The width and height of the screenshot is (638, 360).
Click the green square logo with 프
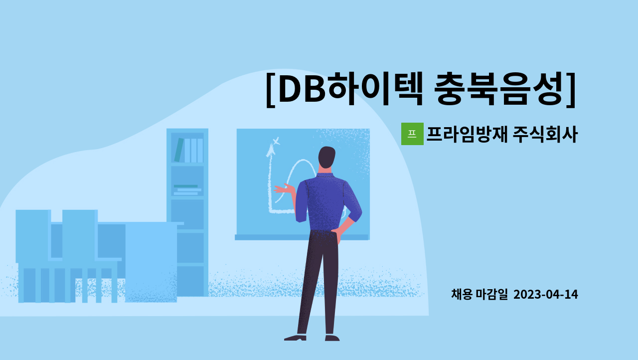click(x=412, y=134)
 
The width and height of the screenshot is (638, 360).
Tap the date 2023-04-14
click(x=546, y=295)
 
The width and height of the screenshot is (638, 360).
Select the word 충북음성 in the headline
click(x=498, y=89)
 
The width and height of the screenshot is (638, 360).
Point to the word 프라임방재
click(x=467, y=134)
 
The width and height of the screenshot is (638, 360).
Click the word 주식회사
click(x=545, y=134)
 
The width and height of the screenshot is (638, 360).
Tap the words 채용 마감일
click(x=479, y=295)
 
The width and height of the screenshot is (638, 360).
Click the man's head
click(x=326, y=158)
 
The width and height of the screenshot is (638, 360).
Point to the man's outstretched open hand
click(x=284, y=189)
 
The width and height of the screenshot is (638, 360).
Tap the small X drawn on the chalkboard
click(x=276, y=141)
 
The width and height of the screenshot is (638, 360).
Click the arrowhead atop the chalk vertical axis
click(x=270, y=151)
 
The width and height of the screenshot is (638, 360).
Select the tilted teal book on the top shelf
click(x=179, y=150)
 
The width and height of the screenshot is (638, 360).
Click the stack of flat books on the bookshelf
click(x=187, y=190)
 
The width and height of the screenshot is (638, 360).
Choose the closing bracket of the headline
click(x=571, y=90)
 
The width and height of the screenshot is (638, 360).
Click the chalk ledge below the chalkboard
click(x=302, y=237)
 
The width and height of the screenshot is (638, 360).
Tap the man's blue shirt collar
click(x=324, y=176)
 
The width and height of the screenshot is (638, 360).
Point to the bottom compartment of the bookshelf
click(x=190, y=281)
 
